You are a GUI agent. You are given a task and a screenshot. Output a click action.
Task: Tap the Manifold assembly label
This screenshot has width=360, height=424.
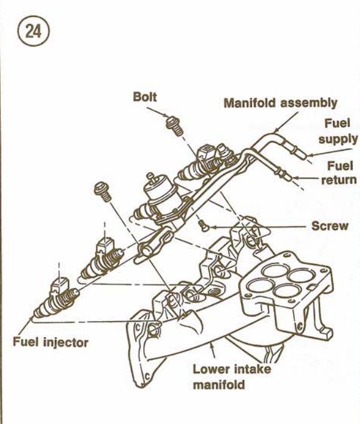280,103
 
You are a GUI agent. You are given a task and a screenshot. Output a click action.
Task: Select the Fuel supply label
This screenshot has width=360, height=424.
339,131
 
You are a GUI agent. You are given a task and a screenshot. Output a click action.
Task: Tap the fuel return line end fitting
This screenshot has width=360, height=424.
285,174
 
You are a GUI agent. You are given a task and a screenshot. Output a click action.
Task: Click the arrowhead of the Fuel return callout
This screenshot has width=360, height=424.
296,177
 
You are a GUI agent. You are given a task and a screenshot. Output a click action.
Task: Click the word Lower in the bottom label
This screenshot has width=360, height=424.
210,369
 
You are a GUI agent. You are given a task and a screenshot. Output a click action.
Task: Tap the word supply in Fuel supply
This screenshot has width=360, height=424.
339,139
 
